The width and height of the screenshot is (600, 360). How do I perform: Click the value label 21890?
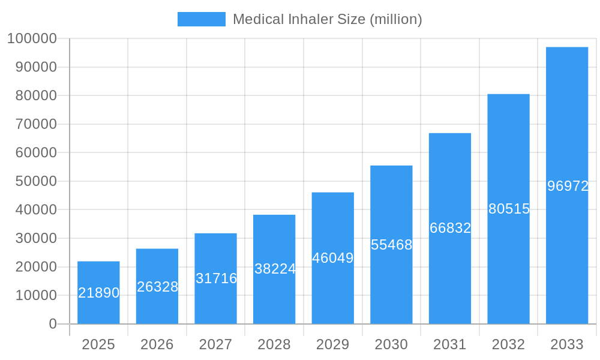point(99,293)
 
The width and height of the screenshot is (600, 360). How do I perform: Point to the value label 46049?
point(333,258)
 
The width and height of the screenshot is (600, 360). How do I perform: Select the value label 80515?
point(509,209)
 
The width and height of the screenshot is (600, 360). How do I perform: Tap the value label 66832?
point(450,228)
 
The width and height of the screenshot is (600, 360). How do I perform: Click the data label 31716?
point(216,278)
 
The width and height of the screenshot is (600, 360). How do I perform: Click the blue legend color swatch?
point(202,19)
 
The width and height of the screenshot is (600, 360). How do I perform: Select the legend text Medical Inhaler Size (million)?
point(327,19)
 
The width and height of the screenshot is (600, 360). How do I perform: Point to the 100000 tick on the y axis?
point(32,38)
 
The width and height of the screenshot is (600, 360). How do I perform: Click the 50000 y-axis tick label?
point(35,181)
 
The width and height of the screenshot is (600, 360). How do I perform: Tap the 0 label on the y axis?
point(53,324)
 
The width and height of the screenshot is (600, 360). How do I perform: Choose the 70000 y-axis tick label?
point(35,124)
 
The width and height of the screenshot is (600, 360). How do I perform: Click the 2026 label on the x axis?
point(157,344)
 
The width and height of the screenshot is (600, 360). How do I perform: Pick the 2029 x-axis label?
point(333,344)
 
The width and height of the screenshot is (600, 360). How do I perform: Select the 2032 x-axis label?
point(508,344)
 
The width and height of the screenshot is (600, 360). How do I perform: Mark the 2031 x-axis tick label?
point(450,344)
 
